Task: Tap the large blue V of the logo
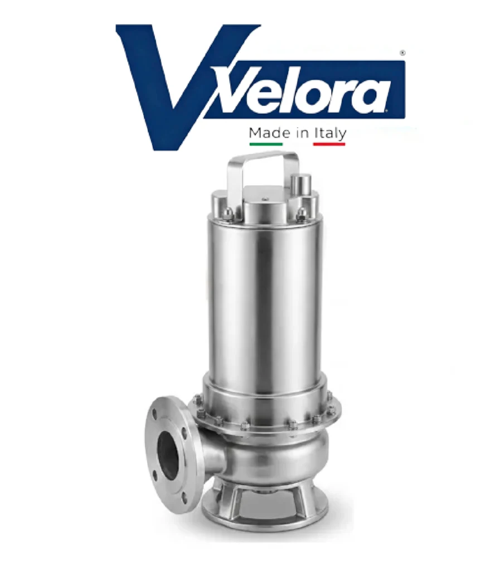pyautogui.click(x=174, y=88)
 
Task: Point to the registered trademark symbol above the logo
pyautogui.click(x=402, y=53)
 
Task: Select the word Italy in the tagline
pyautogui.click(x=330, y=134)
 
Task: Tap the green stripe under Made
pyautogui.click(x=266, y=144)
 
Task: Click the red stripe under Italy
pyautogui.click(x=329, y=144)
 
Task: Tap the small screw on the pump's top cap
pyautogui.click(x=265, y=199)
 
